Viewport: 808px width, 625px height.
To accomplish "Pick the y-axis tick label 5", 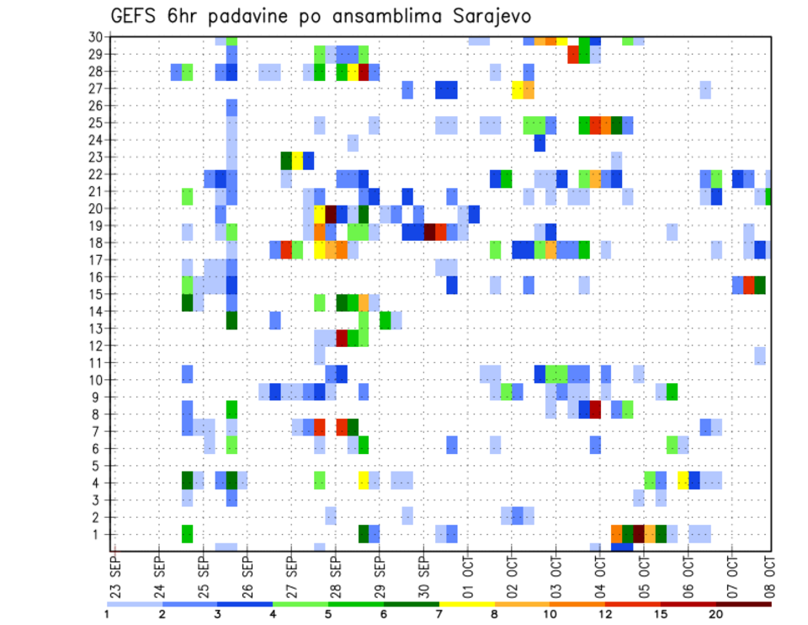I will point(98,465).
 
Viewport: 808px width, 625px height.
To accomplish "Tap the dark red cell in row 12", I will point(342,337).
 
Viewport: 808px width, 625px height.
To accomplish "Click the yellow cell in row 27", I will point(517,89).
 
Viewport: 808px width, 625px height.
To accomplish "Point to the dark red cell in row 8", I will point(595,410).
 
